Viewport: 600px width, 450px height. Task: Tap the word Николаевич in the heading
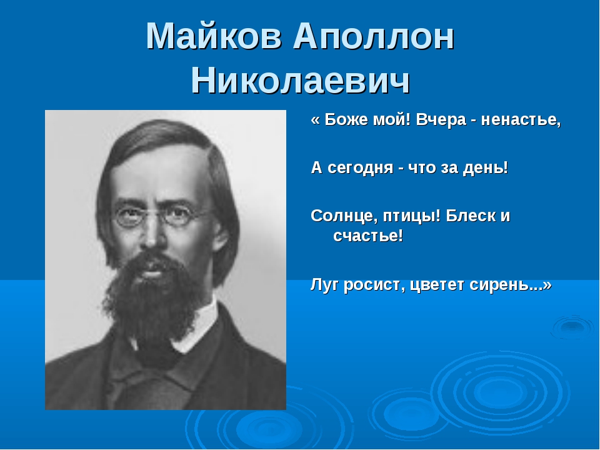pos(301,80)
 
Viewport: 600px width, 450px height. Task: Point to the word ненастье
pos(521,121)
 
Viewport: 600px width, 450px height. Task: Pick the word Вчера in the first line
pos(441,120)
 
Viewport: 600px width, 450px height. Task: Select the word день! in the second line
pos(486,167)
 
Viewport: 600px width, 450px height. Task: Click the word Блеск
pos(470,216)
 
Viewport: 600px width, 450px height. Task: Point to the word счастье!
pos(368,236)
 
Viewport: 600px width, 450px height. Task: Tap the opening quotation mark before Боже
pos(316,121)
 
